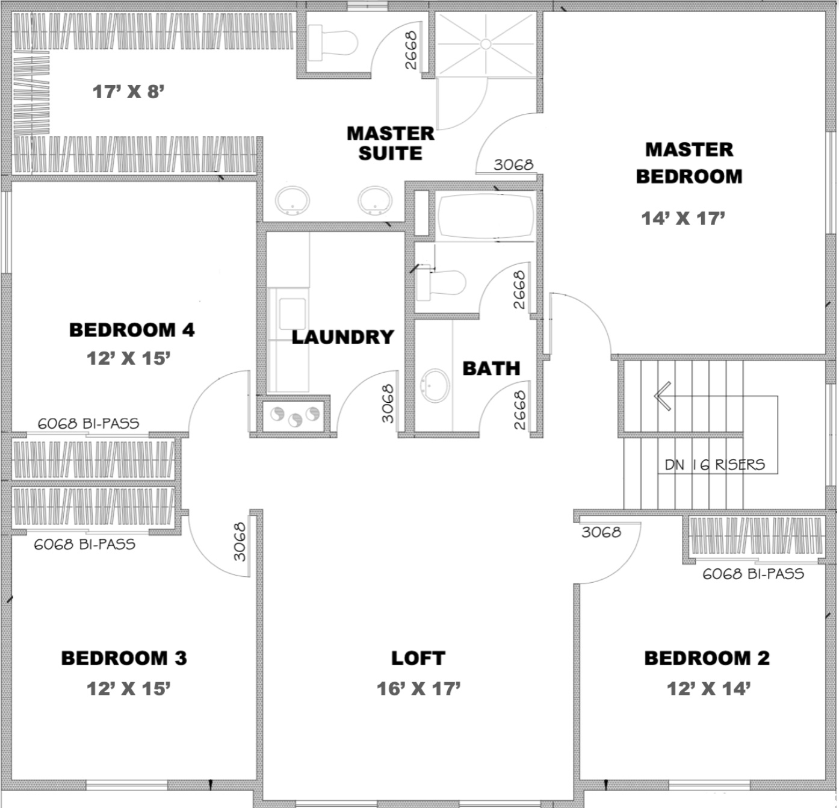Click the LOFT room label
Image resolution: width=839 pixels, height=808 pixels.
tap(418, 658)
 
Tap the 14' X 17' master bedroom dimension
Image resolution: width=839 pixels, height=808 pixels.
tap(683, 219)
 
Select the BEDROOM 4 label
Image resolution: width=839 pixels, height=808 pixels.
tap(132, 330)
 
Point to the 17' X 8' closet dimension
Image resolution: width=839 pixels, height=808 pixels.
tap(128, 92)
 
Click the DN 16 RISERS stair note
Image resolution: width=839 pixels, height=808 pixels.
tap(715, 465)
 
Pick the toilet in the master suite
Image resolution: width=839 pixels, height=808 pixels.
tap(333, 43)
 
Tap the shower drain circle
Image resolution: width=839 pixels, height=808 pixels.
tap(486, 44)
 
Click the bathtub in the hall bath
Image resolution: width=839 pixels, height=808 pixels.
tap(486, 216)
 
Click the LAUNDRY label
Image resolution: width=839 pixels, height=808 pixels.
tap(342, 337)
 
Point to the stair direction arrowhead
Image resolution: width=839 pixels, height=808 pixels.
tap(662, 396)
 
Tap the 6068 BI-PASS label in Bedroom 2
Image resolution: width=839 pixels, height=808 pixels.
tap(753, 574)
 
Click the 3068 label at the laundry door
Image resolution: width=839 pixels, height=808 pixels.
tap(388, 403)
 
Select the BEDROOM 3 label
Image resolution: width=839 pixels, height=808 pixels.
tap(124, 658)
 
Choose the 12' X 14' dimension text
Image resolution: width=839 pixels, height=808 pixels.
tap(709, 689)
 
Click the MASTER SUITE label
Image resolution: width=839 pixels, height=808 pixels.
tap(391, 143)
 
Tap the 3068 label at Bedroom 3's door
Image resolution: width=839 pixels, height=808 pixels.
tap(240, 542)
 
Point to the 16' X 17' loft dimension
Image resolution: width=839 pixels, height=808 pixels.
tap(419, 689)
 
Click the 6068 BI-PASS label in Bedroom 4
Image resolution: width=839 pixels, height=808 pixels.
tap(88, 423)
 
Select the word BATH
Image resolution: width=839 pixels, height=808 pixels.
tap(491, 368)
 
